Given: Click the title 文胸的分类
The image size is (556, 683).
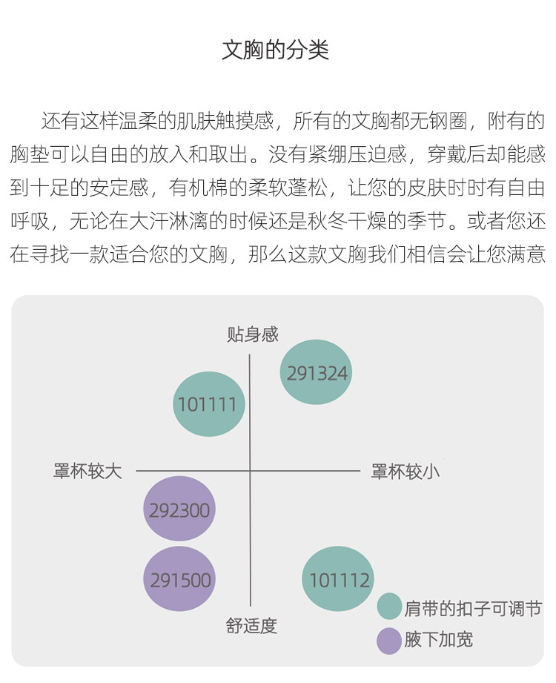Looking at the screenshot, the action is [x=276, y=50].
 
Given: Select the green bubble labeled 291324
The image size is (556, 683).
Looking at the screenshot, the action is [x=316, y=372].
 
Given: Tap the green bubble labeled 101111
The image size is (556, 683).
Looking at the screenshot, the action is [x=208, y=404].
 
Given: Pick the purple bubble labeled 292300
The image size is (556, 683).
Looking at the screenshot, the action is [x=179, y=509].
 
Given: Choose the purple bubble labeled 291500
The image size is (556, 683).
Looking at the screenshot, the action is [x=179, y=579].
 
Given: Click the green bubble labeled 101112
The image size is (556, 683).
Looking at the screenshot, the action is [x=337, y=579].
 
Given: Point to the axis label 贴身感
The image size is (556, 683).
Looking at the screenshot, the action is [x=252, y=334].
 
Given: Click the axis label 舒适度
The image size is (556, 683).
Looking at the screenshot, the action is [x=251, y=626].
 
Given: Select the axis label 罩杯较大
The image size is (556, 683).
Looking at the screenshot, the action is [x=87, y=471].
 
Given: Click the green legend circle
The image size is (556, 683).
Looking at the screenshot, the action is [x=389, y=607].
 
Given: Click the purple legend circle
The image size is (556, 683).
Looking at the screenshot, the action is [x=389, y=640].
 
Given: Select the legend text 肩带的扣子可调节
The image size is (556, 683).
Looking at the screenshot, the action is [x=473, y=608].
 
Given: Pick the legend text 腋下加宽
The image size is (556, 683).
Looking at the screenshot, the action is [x=438, y=640].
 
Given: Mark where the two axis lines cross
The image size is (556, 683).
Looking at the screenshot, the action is [x=250, y=471].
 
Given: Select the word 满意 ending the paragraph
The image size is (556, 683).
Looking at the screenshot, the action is [x=526, y=255].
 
